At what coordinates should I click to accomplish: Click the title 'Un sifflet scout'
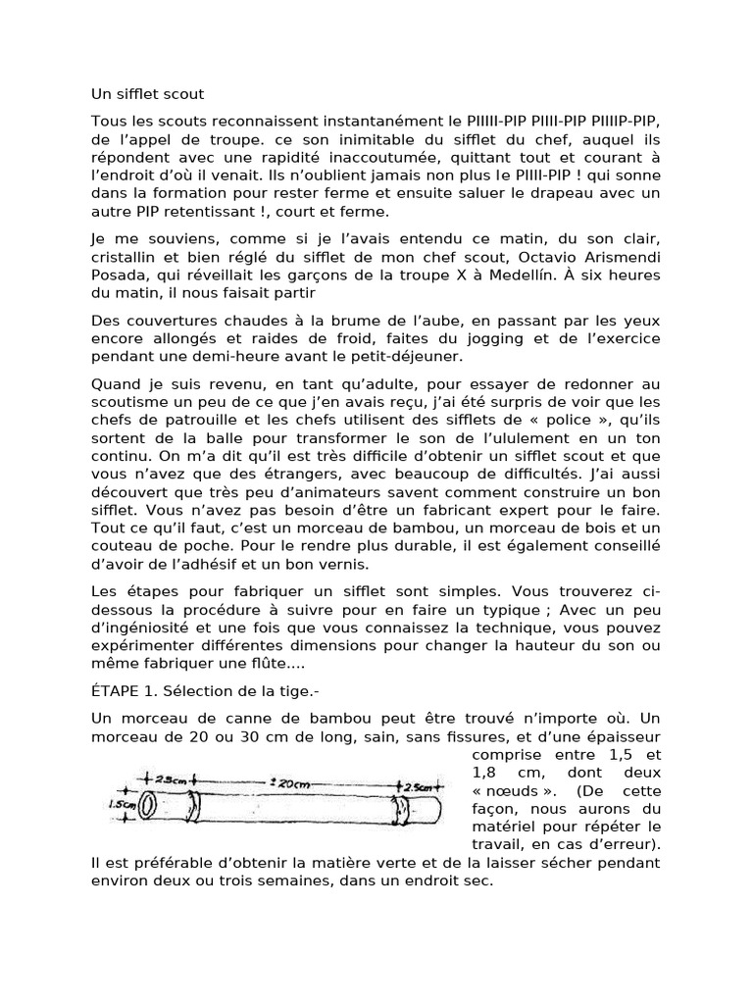[147, 95]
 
